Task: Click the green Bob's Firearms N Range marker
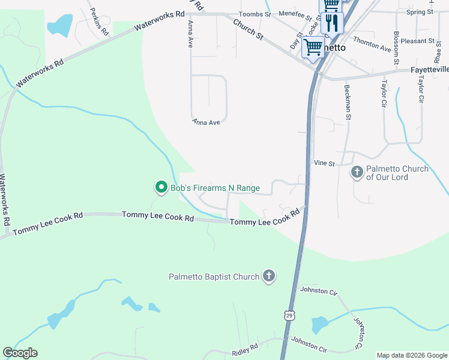(x=161, y=188)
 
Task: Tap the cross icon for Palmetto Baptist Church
(x=269, y=277)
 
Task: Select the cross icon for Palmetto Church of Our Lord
(x=357, y=173)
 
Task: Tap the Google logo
(x=20, y=353)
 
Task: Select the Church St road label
(x=248, y=29)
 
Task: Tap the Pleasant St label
(x=418, y=41)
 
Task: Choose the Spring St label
(x=420, y=12)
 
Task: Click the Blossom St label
(x=396, y=48)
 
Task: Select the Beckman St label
(x=347, y=102)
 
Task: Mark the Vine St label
(x=324, y=163)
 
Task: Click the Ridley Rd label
(x=245, y=347)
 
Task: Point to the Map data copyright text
(x=411, y=355)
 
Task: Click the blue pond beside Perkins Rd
(x=59, y=26)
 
